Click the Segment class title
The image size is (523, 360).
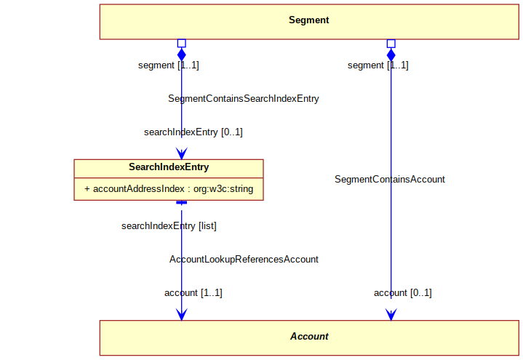309,20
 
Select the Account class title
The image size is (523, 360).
309,336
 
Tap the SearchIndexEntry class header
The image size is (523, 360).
169,167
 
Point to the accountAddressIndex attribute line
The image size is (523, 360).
169,189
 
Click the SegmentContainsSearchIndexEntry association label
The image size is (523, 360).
244,99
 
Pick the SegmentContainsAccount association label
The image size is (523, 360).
390,179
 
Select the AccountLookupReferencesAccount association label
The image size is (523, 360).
244,259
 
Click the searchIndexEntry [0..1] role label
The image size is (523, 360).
193,132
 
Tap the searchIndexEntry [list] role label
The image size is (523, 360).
169,226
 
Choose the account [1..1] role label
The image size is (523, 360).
193,293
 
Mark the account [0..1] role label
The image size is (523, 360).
402,293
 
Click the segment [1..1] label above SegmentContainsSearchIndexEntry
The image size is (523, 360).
169,65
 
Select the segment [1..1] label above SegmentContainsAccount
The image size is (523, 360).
378,65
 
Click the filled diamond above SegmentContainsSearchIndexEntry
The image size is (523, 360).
181,55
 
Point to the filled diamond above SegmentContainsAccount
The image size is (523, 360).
391,55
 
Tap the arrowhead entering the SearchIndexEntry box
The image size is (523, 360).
181,153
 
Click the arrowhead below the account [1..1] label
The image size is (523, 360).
181,314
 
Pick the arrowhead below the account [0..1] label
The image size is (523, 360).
391,314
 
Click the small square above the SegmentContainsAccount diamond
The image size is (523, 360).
391,44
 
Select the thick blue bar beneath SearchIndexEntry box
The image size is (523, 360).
181,202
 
